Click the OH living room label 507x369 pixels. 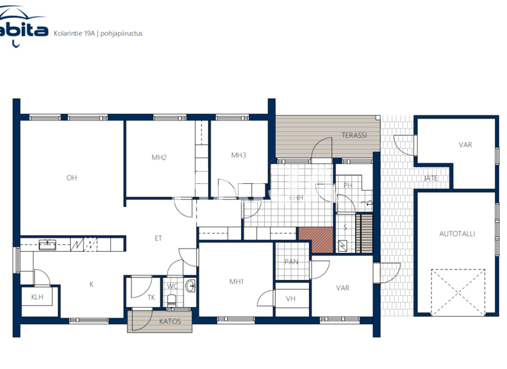pyautogui.click(x=71, y=177)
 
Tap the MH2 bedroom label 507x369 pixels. pyautogui.click(x=158, y=157)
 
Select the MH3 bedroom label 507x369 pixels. pyautogui.click(x=238, y=156)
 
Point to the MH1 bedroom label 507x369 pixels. pyautogui.click(x=236, y=282)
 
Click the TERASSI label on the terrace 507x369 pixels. pyautogui.click(x=354, y=136)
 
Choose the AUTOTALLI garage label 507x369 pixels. pyautogui.click(x=457, y=233)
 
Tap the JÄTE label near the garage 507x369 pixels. pyautogui.click(x=430, y=178)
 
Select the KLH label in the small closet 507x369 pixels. pyautogui.click(x=37, y=297)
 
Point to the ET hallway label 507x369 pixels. pyautogui.click(x=158, y=239)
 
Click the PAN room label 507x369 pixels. pyautogui.click(x=291, y=262)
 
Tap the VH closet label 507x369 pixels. pyautogui.click(x=290, y=298)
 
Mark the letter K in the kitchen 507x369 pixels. pyautogui.click(x=92, y=285)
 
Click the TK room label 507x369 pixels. pyautogui.click(x=151, y=297)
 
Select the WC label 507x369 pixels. pyautogui.click(x=172, y=286)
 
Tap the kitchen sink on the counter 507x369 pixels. pyautogui.click(x=48, y=244)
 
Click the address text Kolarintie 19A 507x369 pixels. pyautogui.click(x=74, y=32)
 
